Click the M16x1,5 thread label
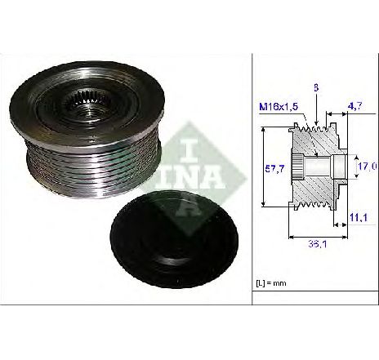click(279, 107)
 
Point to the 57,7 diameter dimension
click(274, 169)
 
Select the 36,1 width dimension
click(318, 244)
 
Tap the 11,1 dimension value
click(359, 217)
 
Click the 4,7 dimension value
click(355, 106)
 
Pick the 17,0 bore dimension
click(368, 167)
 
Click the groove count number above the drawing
click(316, 88)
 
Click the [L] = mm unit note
click(271, 283)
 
